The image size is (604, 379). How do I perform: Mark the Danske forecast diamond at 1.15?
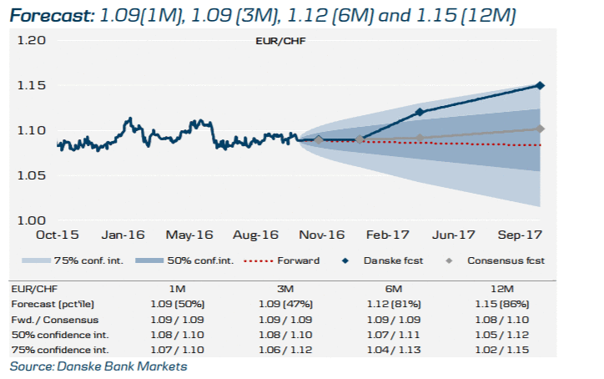pos(541,85)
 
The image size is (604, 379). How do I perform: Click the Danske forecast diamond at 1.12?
pos(420,112)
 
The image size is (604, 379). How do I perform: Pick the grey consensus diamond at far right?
pos(541,129)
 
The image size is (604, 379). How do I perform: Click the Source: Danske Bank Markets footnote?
pos(98,366)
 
